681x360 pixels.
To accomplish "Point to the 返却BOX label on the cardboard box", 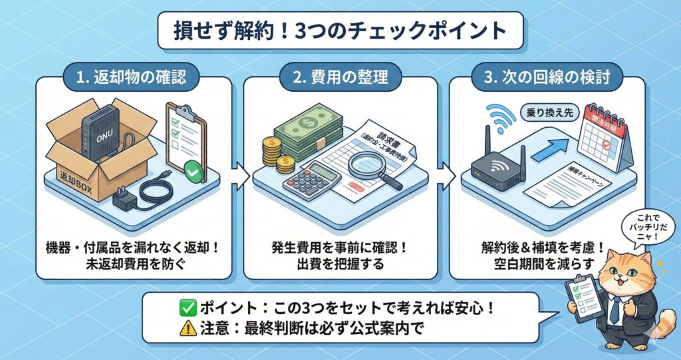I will [x=74, y=180].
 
